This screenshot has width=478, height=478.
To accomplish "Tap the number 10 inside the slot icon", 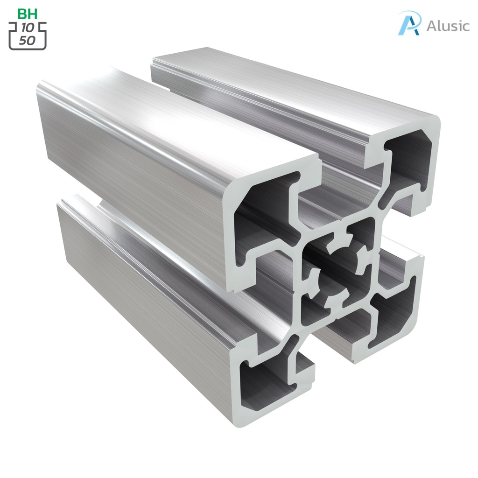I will [28, 28].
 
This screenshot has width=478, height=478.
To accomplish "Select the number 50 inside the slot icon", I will [28, 40].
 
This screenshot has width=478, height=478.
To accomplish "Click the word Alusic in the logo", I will [448, 26].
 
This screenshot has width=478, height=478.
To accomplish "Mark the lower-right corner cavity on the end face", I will [392, 322].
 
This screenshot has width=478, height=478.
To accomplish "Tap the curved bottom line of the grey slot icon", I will [28, 49].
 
